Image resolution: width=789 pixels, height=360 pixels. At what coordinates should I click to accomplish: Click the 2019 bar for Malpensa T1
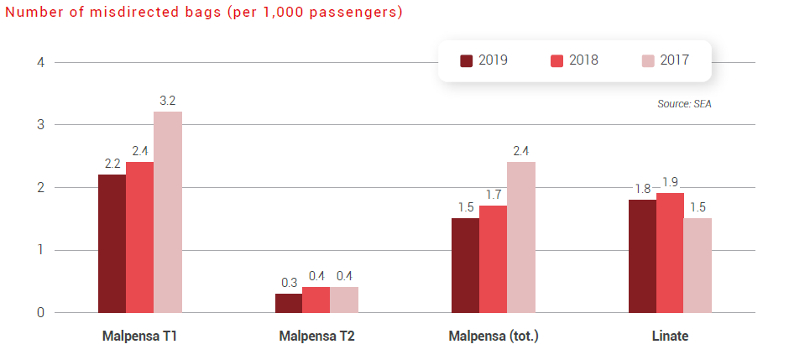tap(112, 243)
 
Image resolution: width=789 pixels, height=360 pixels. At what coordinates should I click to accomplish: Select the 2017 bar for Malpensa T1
tap(168, 212)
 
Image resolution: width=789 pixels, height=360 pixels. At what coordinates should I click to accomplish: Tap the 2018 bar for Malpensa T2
tap(316, 300)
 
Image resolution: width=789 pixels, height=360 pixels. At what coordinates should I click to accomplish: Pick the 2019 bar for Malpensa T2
tap(289, 303)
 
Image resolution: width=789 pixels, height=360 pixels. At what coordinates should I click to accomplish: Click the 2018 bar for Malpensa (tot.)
tap(493, 259)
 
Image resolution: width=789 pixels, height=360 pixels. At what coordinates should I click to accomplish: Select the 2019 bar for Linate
tap(642, 256)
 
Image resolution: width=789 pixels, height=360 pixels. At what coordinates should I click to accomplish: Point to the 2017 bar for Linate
tap(698, 265)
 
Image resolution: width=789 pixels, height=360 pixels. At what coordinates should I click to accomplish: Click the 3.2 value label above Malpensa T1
tap(168, 102)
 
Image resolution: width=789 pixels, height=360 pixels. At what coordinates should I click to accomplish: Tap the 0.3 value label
tap(289, 283)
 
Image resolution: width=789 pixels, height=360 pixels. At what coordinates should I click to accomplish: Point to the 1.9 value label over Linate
tap(670, 182)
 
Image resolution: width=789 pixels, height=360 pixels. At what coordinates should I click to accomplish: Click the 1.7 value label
tap(493, 195)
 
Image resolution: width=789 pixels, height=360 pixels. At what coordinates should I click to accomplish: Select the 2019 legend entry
tap(484, 60)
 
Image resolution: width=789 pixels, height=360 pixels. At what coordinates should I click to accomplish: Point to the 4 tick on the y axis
tap(39, 62)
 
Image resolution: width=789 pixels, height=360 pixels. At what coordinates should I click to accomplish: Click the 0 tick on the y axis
tap(39, 313)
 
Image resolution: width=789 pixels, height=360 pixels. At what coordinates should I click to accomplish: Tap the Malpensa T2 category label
tap(316, 337)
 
